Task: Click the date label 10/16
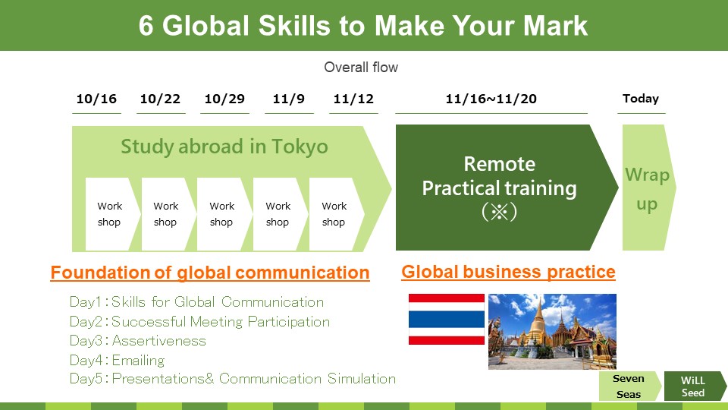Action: tap(96, 99)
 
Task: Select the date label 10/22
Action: tap(160, 99)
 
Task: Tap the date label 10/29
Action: tap(224, 99)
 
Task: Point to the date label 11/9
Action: tap(289, 99)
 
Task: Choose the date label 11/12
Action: tap(353, 99)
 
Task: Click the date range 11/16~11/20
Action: tap(491, 99)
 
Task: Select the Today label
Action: tap(641, 99)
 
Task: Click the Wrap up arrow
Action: tap(648, 188)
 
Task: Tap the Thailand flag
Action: tap(447, 319)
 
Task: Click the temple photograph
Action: tap(553, 332)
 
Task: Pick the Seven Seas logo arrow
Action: tap(630, 386)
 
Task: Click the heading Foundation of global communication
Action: tap(210, 273)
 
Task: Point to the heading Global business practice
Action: tap(508, 272)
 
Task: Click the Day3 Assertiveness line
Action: tap(137, 341)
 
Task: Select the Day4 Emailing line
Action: tap(117, 360)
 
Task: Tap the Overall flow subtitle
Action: tap(361, 68)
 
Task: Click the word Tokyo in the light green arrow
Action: tap(300, 147)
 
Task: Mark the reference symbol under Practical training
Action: tap(500, 212)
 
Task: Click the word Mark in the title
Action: tap(555, 26)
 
